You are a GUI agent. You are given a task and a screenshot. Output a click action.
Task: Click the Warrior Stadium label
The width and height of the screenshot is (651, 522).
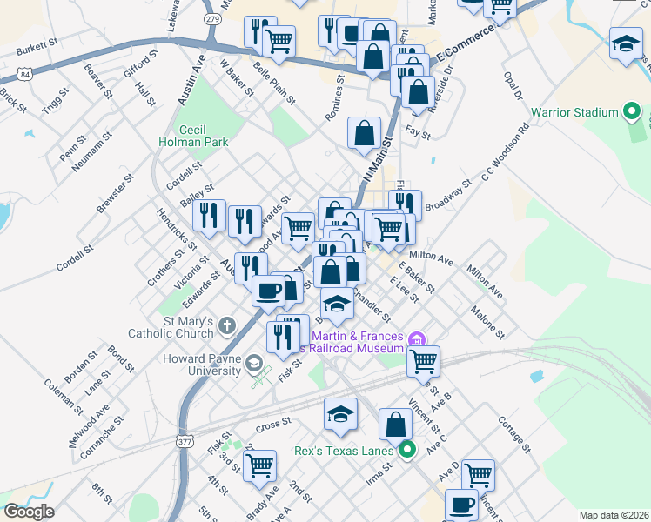[x=574, y=112]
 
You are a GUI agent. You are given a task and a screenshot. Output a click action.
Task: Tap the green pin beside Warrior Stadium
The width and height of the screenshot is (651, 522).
[x=634, y=112]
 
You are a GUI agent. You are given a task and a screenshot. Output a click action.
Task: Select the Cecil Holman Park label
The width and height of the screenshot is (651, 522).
[x=181, y=135]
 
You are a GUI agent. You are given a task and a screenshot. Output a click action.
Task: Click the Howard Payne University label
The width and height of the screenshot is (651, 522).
[x=201, y=365]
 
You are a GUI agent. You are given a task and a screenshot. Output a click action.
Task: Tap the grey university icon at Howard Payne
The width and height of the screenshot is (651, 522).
[x=254, y=363]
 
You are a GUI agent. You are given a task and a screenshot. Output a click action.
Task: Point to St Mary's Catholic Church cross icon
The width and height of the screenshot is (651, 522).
[x=227, y=327]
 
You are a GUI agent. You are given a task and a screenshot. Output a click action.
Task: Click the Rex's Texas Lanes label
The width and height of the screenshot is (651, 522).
[x=346, y=451]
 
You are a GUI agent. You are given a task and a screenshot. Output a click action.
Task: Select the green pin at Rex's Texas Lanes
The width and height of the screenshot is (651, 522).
[x=406, y=450]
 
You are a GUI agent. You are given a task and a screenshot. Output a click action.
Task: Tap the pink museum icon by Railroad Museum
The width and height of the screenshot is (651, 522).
[x=417, y=338]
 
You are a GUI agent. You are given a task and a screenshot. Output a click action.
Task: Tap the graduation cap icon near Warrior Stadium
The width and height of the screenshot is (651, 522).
[x=626, y=46]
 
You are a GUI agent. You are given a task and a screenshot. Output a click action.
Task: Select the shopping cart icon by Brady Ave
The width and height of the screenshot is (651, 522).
[x=260, y=465]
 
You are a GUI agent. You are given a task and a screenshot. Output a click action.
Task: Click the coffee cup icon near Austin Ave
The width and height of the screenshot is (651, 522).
[x=268, y=290]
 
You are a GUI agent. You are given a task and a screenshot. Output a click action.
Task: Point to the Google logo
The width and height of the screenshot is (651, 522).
[x=29, y=512]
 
